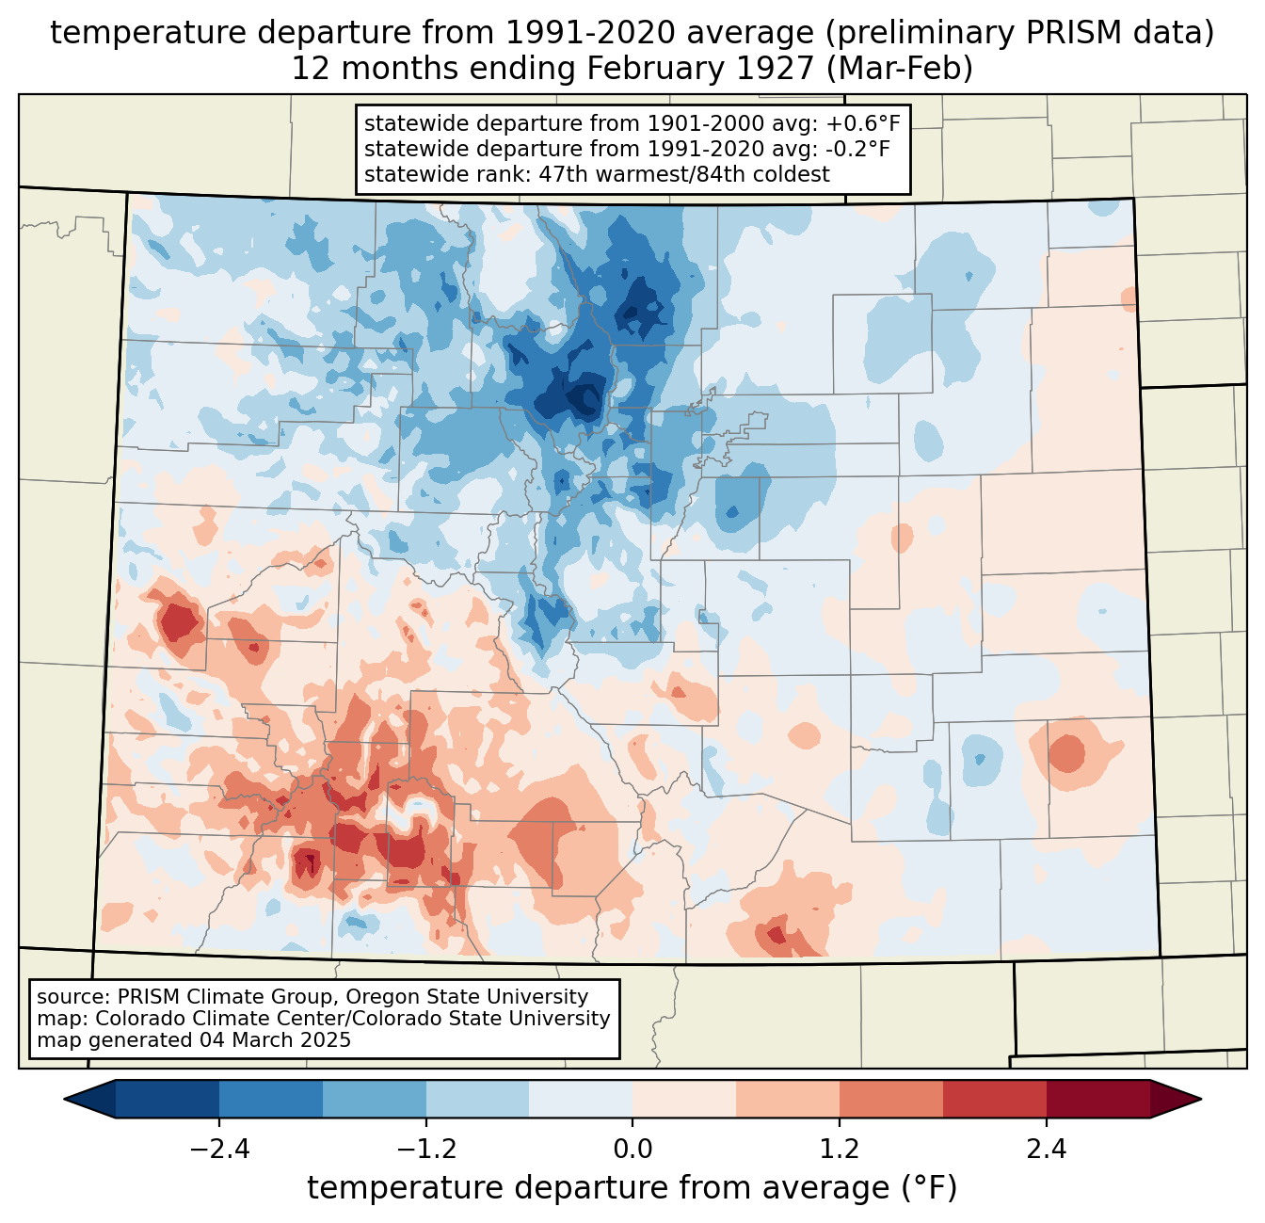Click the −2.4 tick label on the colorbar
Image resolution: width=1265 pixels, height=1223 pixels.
(x=219, y=1150)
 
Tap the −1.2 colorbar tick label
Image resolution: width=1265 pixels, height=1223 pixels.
(x=425, y=1150)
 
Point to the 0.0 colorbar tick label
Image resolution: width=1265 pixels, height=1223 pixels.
(x=632, y=1150)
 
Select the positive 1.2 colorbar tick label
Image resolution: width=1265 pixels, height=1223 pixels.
(x=839, y=1150)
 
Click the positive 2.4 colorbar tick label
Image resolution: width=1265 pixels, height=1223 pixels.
(x=1046, y=1150)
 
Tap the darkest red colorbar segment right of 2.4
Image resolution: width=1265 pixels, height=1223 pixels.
(x=1097, y=1099)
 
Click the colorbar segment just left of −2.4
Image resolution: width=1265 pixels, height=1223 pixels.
(x=168, y=1099)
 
